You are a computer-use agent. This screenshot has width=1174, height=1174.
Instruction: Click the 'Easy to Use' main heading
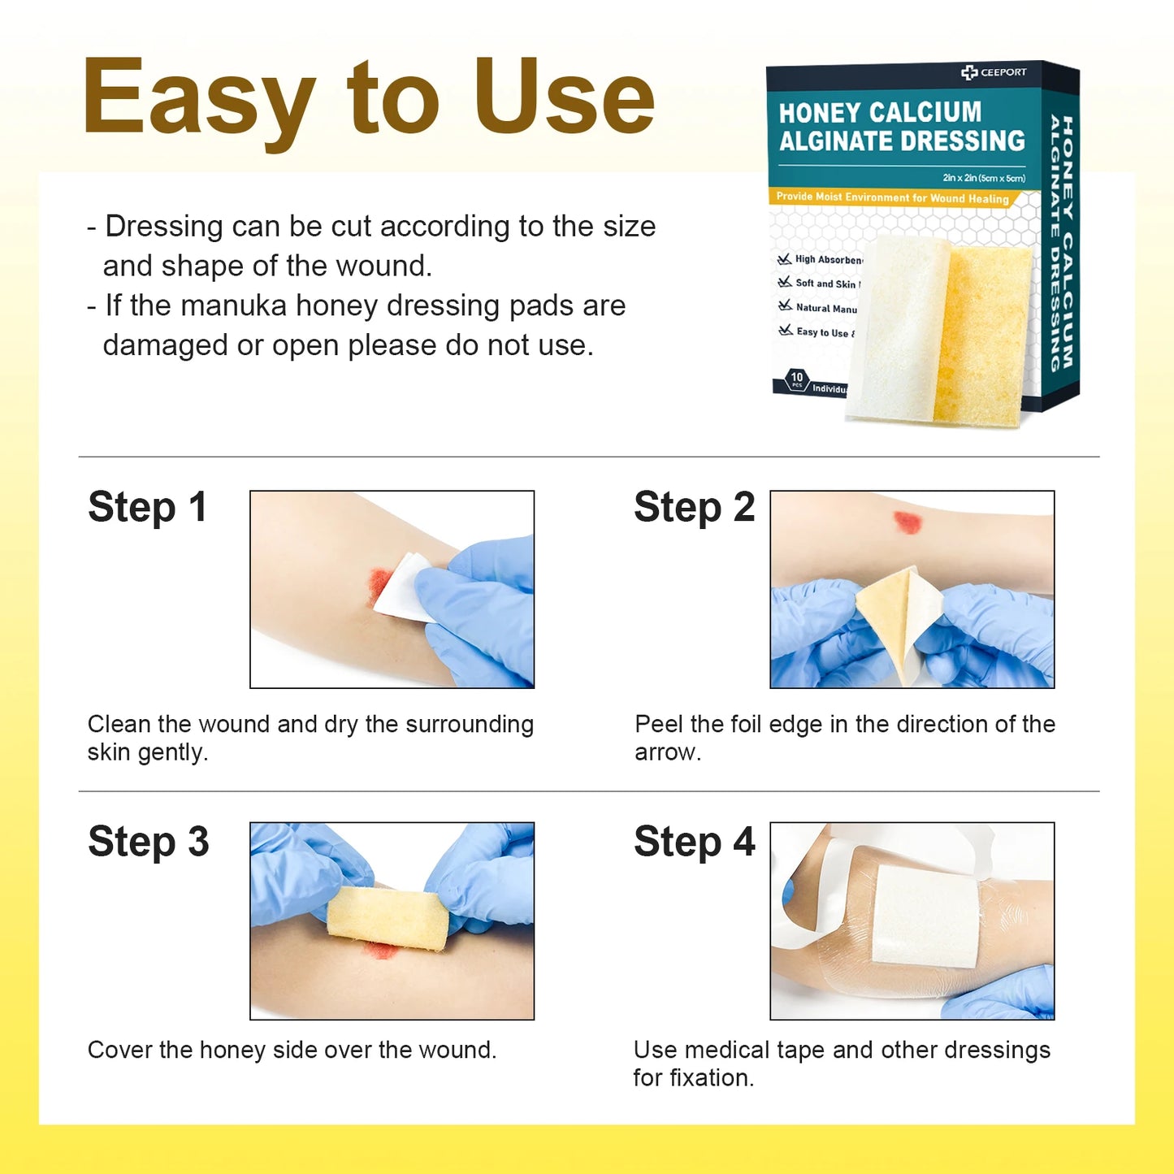coord(368,97)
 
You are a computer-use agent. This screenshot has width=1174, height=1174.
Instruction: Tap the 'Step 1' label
coord(147,508)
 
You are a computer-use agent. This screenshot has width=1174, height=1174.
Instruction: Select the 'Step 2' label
coord(694,508)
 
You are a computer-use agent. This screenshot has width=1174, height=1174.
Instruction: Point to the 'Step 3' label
coord(148,842)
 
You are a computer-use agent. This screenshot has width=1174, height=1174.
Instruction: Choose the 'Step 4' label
coord(694,842)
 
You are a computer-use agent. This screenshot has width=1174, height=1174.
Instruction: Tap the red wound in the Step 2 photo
coord(907,522)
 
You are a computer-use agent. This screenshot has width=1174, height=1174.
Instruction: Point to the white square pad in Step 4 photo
coord(925,916)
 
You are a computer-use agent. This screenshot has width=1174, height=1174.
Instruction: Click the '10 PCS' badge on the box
coord(796,379)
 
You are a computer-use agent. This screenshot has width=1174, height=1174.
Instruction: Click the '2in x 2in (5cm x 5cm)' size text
coord(983,178)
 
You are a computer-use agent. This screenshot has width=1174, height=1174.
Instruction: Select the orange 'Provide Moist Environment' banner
coord(892,197)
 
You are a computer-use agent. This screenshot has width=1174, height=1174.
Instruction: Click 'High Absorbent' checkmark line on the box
coord(821,260)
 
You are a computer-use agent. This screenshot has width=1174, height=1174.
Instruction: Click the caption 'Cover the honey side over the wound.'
coord(292,1050)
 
